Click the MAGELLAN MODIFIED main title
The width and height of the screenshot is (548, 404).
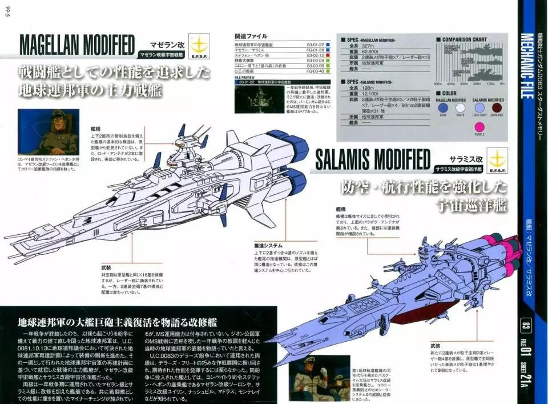click(77, 44)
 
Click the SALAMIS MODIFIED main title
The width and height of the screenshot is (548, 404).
click(372, 159)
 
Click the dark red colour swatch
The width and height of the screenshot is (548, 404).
click(497, 107)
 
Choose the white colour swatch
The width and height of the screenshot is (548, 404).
click(461, 107)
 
